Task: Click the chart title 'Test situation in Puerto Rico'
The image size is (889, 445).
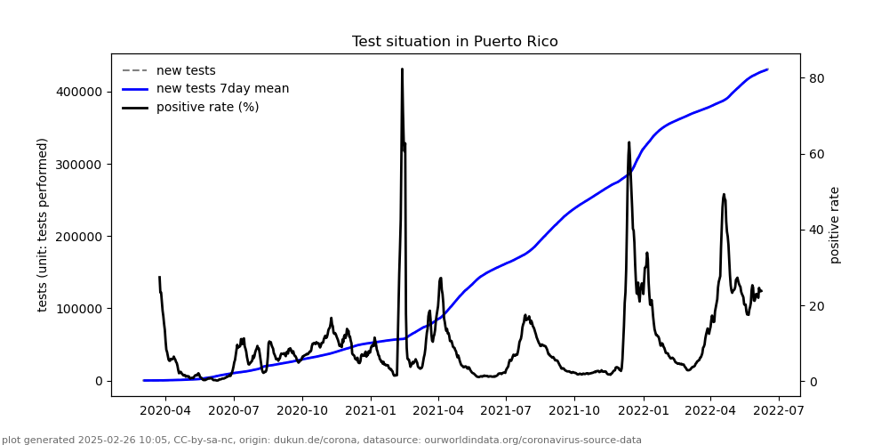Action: click(454, 42)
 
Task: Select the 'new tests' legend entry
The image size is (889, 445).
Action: click(186, 70)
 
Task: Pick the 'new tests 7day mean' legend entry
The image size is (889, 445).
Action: click(222, 89)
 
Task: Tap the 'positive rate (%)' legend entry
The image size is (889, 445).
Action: click(207, 108)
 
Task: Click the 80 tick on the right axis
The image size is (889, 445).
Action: click(816, 78)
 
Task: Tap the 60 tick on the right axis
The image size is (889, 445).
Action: click(816, 154)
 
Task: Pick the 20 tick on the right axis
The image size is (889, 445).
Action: click(816, 306)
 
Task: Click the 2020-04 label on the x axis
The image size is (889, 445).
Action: click(166, 411)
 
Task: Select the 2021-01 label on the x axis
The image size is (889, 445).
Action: click(371, 411)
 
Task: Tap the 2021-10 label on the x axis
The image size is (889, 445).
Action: click(574, 411)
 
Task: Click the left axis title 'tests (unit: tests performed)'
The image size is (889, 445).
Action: click(43, 224)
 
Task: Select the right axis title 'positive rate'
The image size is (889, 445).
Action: click(835, 224)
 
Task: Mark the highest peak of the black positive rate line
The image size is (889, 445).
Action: click(402, 69)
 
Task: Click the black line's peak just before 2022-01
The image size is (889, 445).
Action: click(629, 142)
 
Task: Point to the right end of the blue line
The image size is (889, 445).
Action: click(767, 69)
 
